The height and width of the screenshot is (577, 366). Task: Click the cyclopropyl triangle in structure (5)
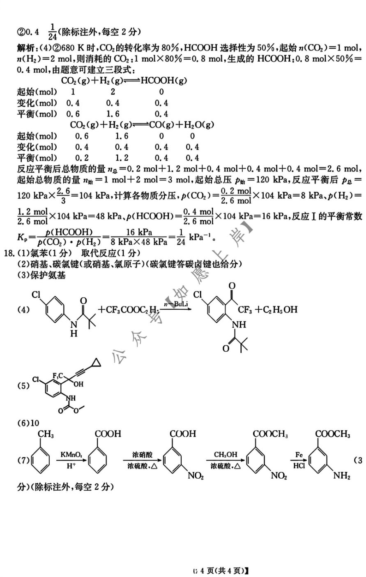pyautogui.click(x=95, y=363)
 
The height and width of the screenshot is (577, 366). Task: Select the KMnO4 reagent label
pyautogui.click(x=71, y=454)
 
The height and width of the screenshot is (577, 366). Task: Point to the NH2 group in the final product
pyautogui.click(x=342, y=475)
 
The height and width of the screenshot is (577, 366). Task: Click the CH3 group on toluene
pyautogui.click(x=46, y=434)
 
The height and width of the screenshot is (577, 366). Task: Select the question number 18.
pyautogui.click(x=9, y=253)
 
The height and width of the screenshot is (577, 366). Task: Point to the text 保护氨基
pyautogui.click(x=48, y=276)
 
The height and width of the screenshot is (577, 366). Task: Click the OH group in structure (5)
pyautogui.click(x=78, y=384)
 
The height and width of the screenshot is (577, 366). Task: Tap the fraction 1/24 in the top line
pyautogui.click(x=52, y=32)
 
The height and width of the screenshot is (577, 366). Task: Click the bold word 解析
pyautogui.click(x=25, y=48)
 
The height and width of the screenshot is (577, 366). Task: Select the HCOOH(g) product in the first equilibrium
pyautogui.click(x=163, y=81)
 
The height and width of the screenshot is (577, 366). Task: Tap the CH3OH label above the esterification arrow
pyautogui.click(x=226, y=454)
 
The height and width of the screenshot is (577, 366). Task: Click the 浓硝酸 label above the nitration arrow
pyautogui.click(x=142, y=454)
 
